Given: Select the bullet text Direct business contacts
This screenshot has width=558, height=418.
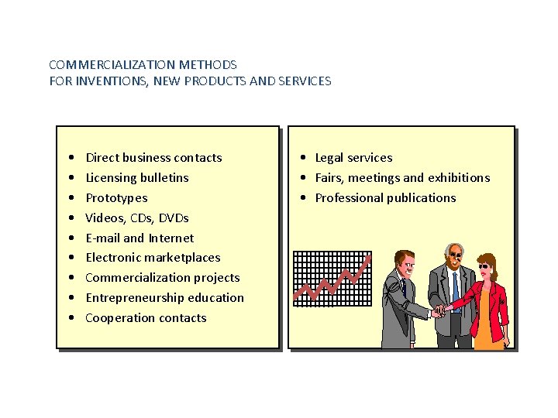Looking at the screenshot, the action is coord(153,158).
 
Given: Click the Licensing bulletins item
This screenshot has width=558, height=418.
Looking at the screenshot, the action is coord(136,178).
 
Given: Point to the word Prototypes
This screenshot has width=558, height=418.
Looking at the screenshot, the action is coord(116,198).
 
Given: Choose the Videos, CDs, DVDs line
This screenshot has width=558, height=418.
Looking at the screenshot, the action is coord(136,218).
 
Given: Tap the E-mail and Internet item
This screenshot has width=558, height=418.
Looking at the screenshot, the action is coord(139,238).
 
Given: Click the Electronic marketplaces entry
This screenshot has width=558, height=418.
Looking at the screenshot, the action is coord(153,258).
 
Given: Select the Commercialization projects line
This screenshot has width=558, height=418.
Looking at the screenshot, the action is coord(162,278).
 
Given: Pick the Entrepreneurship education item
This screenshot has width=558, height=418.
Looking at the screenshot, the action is coord(164,298).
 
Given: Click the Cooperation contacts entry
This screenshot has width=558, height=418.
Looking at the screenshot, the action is coord(146,318).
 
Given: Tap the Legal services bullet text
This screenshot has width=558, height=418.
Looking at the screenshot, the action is coord(353,158).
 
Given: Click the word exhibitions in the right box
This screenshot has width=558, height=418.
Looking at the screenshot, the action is coord(459,178).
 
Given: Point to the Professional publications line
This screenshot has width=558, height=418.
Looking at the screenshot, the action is coord(385,198).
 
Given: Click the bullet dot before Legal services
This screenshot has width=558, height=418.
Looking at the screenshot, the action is coord(305,158).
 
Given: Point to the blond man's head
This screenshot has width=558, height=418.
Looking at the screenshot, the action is coord(405,263).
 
